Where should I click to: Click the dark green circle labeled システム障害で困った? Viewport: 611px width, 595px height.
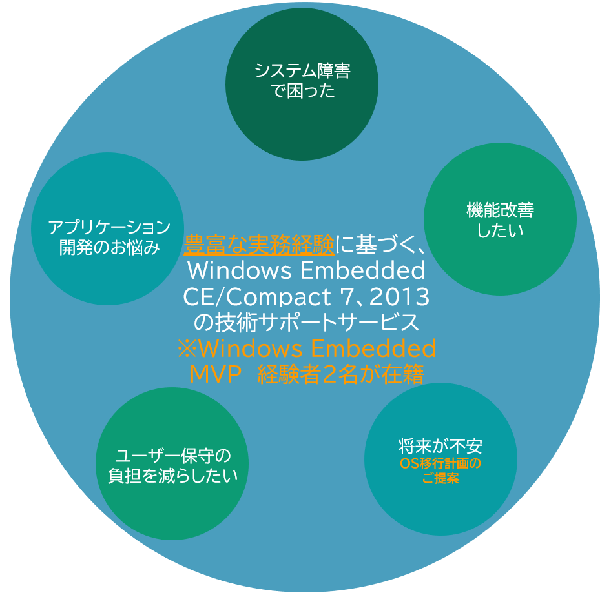(x=302, y=84)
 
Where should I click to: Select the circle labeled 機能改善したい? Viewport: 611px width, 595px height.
(x=501, y=219)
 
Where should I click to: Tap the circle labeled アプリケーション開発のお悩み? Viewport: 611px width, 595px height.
(x=108, y=228)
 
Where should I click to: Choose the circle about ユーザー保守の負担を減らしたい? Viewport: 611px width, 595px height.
(x=172, y=463)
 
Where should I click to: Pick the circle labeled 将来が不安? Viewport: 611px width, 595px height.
(x=440, y=459)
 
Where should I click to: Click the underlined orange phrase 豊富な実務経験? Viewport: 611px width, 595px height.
(x=259, y=245)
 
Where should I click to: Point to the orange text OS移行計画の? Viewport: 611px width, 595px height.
(x=440, y=463)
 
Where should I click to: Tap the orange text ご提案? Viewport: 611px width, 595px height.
(x=440, y=478)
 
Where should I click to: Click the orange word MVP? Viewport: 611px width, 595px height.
(x=216, y=374)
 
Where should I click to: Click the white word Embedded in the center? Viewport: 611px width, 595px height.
(x=363, y=270)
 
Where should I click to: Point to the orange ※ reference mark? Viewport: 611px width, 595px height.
(x=187, y=348)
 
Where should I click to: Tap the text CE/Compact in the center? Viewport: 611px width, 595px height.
(x=257, y=297)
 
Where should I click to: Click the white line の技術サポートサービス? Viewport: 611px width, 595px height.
(x=306, y=323)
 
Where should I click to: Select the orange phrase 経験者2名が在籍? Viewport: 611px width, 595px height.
(x=341, y=374)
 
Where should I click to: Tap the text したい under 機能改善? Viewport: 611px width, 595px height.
(x=501, y=230)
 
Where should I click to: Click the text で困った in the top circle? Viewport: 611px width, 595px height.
(x=302, y=91)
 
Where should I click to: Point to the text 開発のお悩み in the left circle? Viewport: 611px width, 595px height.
(x=110, y=247)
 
